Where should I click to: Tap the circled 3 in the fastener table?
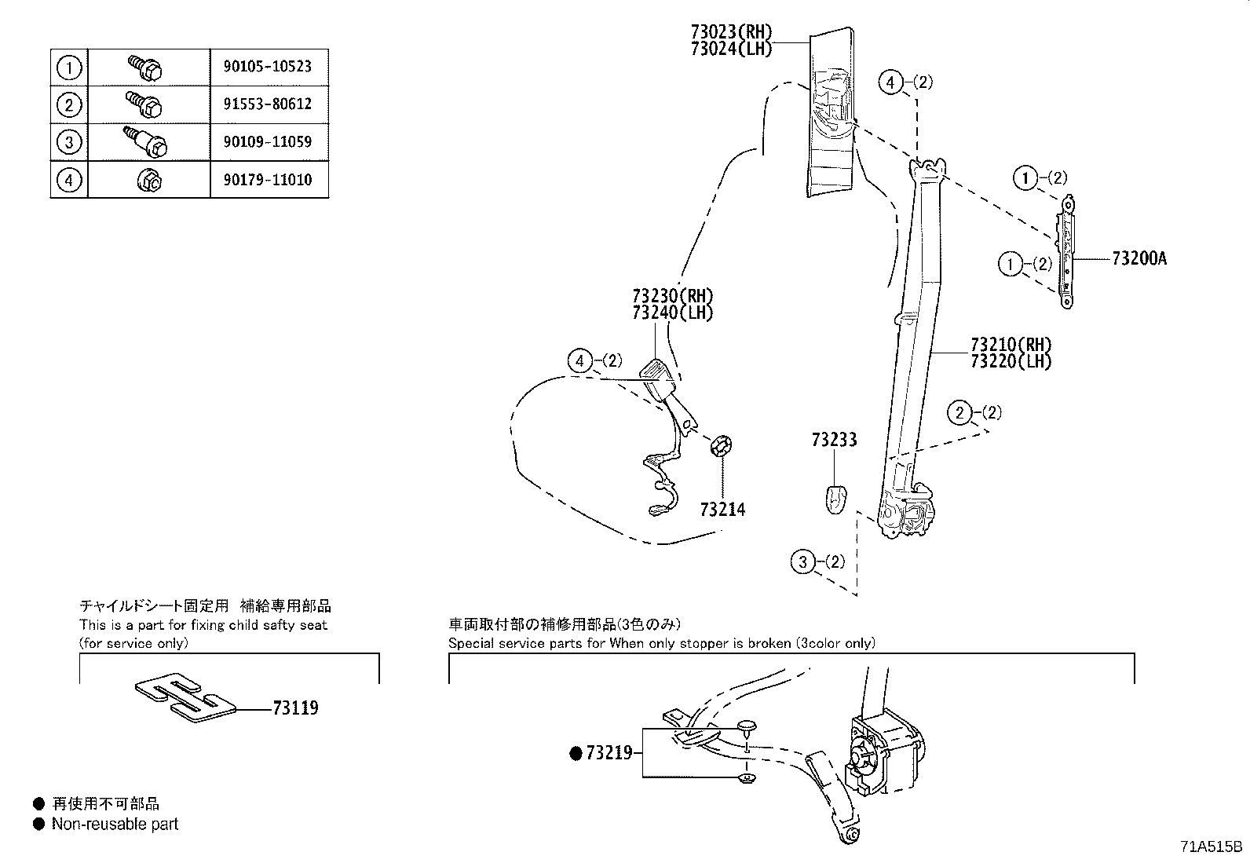69,142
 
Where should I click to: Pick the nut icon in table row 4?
149,181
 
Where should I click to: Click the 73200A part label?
1139,258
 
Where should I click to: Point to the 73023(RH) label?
731,32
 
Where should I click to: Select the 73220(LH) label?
1011,361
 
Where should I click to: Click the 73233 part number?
834,440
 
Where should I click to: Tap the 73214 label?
722,510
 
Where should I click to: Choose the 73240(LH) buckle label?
672,313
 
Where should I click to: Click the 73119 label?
295,708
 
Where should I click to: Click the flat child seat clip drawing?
185,697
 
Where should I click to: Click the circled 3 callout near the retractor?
802,561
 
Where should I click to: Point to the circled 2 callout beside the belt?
959,412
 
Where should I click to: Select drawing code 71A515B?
1211,847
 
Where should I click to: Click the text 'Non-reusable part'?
115,824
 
